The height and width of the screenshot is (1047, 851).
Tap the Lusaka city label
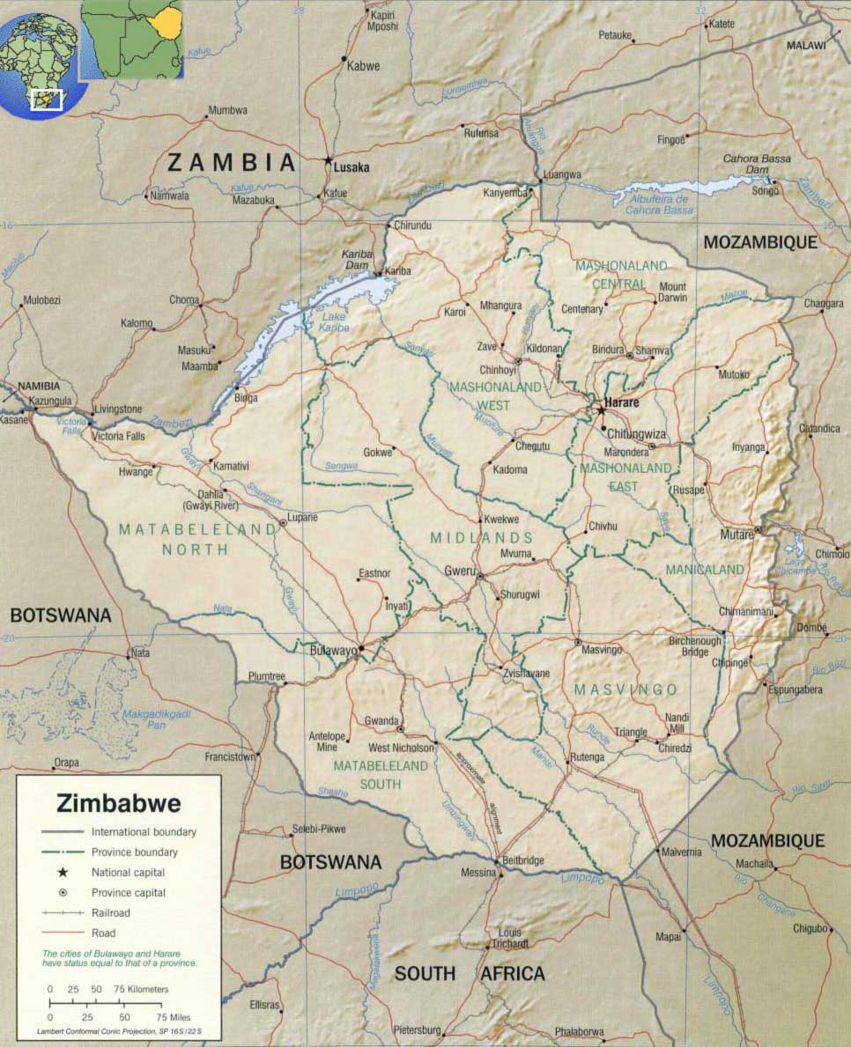coord(352,166)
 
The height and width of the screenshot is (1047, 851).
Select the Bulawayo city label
coord(334,651)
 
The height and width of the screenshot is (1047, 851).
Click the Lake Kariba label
coord(336,322)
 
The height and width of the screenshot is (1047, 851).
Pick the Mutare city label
coord(736,534)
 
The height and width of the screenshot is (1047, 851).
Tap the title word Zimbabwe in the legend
coord(119,803)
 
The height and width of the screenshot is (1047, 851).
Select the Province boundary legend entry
coord(134,852)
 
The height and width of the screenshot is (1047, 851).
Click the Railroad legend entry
coord(111,913)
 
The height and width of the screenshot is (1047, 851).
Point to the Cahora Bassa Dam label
coord(757,164)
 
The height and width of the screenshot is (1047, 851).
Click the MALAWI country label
coord(806,45)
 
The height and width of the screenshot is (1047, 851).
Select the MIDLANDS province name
coord(481,537)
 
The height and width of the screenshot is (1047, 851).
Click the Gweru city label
coord(459,570)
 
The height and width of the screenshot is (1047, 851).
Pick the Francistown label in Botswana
coord(229,756)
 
